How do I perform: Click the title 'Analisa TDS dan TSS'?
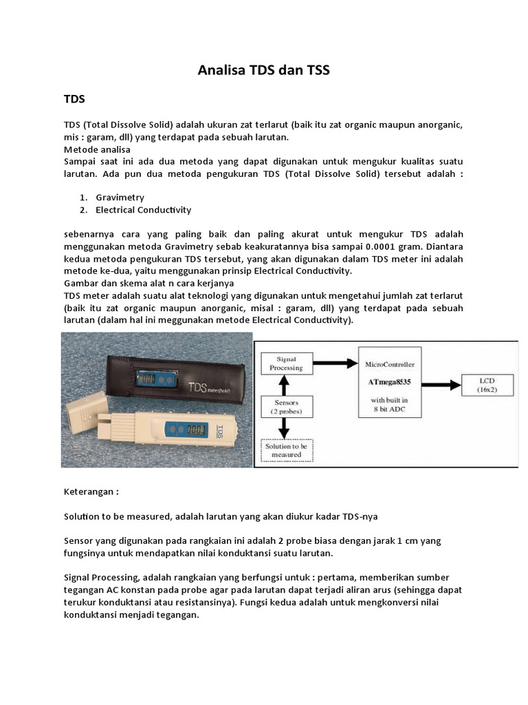pos(264,70)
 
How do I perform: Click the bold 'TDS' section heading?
pos(74,99)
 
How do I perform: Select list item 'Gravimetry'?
pos(120,198)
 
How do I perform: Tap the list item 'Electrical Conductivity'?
pos(143,210)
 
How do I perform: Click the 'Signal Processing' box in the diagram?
pos(285,364)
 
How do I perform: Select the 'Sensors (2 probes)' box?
pos(285,407)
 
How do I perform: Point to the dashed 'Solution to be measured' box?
pos(285,450)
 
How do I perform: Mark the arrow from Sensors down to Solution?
pos(285,428)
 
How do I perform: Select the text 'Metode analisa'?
pos(97,149)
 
